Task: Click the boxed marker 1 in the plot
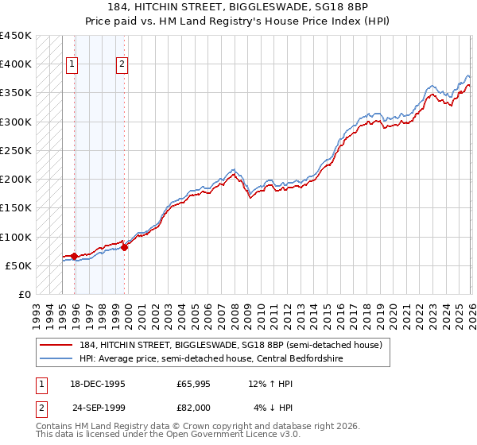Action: [x=72, y=65]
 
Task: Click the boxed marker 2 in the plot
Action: [x=122, y=65]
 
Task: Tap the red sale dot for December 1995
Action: [x=74, y=257]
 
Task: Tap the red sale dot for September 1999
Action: [x=124, y=247]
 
